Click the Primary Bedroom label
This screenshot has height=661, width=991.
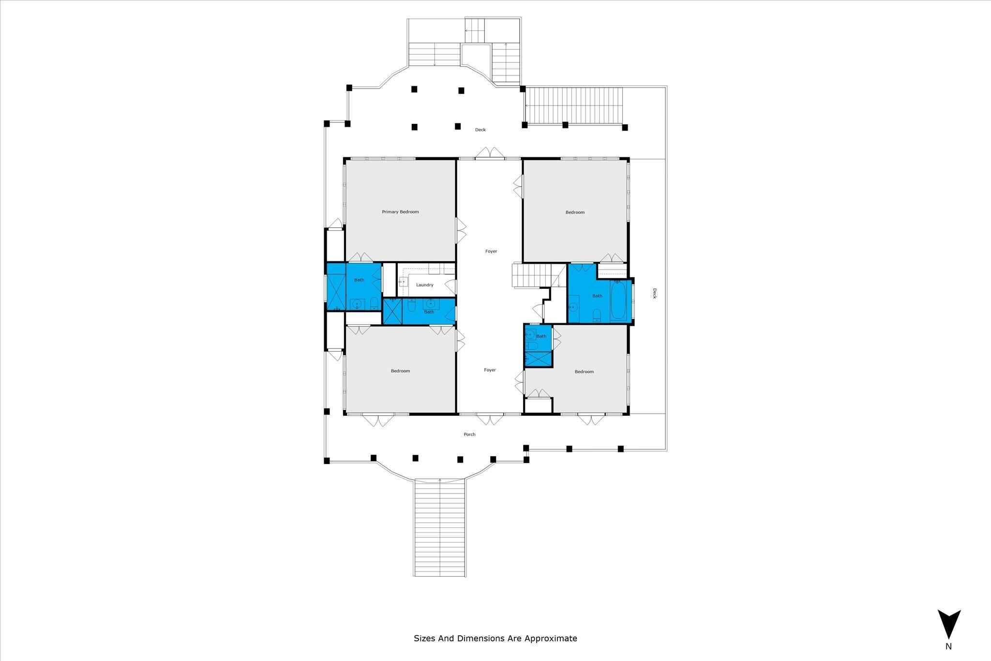point(400,212)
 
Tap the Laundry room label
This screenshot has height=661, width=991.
point(425,285)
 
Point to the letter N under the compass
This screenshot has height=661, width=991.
point(949,660)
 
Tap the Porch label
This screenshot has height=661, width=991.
point(469,435)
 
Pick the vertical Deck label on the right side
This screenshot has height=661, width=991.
point(654,294)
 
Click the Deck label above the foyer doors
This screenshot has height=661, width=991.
point(480,130)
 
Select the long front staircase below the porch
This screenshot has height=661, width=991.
point(440,527)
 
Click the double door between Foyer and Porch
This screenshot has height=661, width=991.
point(490,419)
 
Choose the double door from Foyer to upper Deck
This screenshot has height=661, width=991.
point(490,152)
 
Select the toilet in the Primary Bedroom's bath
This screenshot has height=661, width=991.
point(374,304)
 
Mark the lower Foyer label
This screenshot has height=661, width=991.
point(490,370)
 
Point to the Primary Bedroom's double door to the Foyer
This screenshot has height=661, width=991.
point(461,230)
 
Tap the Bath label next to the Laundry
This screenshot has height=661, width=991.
point(429,312)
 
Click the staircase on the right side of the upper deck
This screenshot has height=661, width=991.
point(573,105)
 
